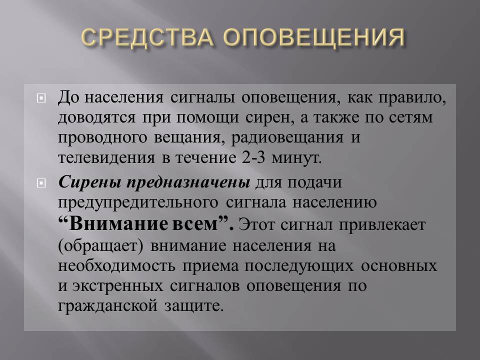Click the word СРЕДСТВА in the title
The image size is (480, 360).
click(x=147, y=38)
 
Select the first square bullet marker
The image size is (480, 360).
click(x=41, y=98)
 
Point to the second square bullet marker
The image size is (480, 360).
click(x=41, y=183)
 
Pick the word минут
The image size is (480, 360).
click(x=296, y=158)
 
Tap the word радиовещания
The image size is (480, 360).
click(x=287, y=138)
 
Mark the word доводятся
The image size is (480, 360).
click(x=96, y=118)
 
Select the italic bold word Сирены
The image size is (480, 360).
click(x=89, y=182)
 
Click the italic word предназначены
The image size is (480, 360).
click(x=188, y=183)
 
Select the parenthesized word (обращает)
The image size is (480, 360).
click(x=100, y=246)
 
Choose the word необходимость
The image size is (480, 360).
click(x=116, y=265)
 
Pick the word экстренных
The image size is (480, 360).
click(x=117, y=286)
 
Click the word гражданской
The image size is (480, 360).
click(x=107, y=306)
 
